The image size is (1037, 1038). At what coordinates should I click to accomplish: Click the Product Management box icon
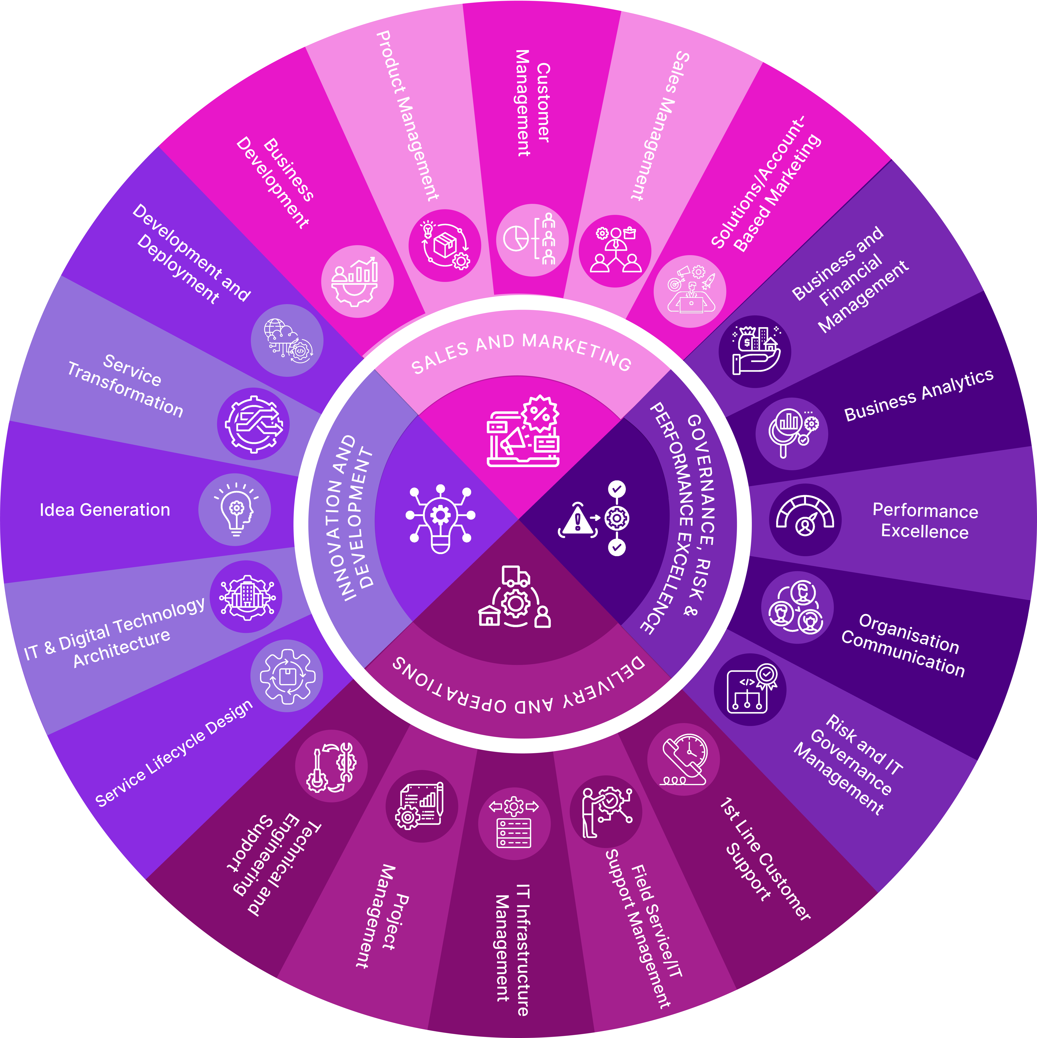pos(445,246)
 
